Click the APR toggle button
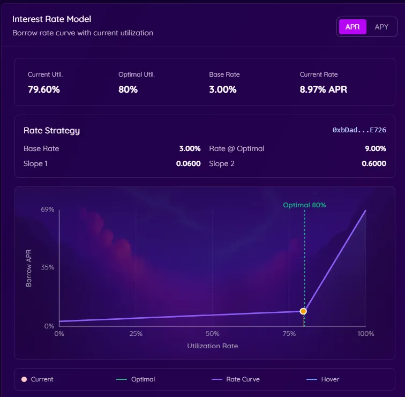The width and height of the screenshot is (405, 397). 352,27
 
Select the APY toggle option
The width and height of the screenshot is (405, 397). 381,27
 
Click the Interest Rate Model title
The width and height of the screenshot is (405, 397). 51,19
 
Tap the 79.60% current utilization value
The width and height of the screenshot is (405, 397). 44,89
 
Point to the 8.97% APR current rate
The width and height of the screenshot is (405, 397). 324,89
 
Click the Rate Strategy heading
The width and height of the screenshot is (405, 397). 51,130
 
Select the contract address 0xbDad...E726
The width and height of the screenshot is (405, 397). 359,130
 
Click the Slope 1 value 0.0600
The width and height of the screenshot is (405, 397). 188,163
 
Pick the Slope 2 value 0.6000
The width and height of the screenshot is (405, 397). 374,163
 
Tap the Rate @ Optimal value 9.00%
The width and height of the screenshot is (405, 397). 375,148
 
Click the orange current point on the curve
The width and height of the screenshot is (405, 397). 303,311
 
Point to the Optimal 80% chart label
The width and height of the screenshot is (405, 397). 304,205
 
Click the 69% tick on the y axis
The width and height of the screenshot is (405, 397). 48,209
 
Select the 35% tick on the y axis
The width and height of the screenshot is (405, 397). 48,267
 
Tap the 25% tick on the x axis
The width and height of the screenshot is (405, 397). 136,334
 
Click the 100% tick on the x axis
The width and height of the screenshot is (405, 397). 366,334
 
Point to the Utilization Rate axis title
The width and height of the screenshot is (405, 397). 213,346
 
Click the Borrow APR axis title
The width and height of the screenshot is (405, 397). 29,267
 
